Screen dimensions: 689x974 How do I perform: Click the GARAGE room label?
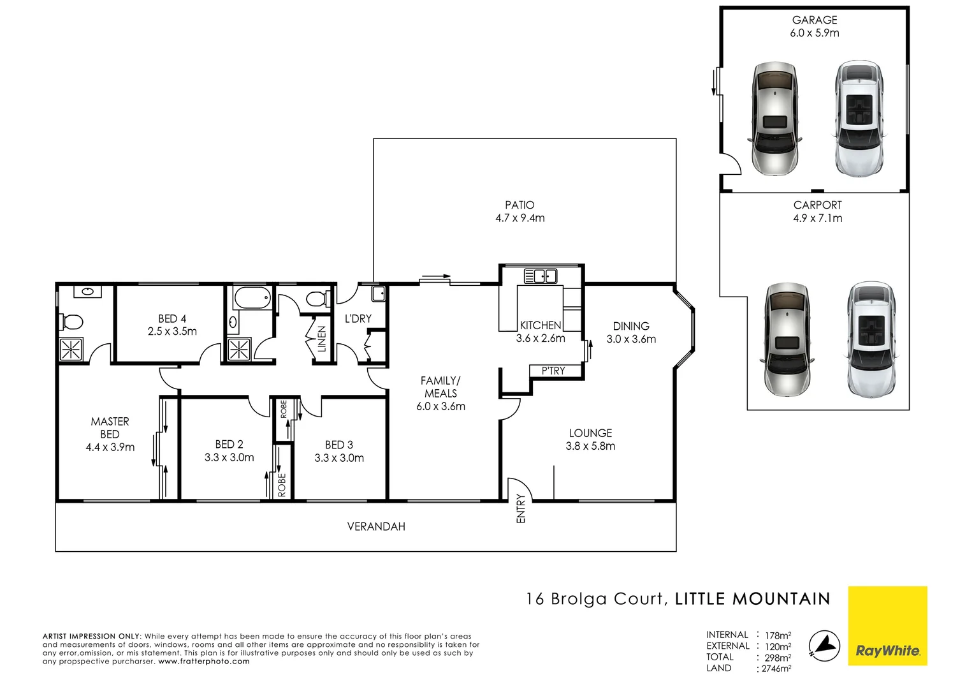pos(814,20)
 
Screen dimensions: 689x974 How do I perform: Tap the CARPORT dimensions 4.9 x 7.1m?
pos(817,218)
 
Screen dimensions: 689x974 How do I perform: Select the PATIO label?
pos(520,205)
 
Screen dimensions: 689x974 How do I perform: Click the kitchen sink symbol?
pos(541,276)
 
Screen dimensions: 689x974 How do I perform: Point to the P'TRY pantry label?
pos(553,371)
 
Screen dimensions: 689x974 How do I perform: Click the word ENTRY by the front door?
pos(521,508)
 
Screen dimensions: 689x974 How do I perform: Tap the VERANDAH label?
pos(376,526)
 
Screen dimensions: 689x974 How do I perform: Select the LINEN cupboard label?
pos(322,339)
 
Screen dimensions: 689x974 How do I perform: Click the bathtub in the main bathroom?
pos(252,298)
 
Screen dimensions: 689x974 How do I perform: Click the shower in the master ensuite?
pos(71,350)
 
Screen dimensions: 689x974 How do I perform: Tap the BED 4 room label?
pos(172,318)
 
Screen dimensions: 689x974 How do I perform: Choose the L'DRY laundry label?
pos(358,318)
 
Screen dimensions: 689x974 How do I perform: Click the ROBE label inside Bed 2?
pos(282,484)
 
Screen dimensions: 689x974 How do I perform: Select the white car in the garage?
pos(859,119)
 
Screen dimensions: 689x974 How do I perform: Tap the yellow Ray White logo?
pos(887,626)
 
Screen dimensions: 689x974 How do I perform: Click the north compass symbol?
pos(824,646)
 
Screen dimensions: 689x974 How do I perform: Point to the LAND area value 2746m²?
pos(776,669)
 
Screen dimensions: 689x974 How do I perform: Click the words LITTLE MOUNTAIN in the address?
pos(752,599)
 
